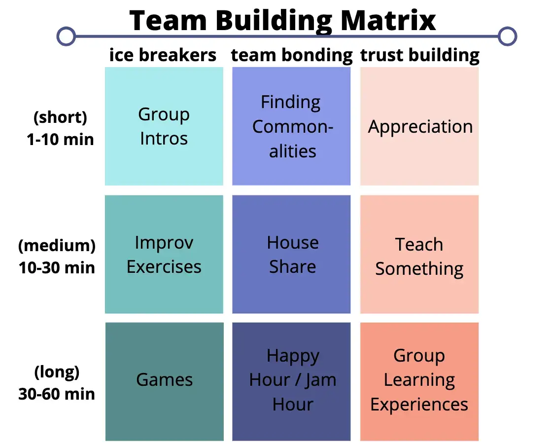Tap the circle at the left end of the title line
tap(66, 36)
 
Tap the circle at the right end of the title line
tap(507, 36)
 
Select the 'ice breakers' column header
tap(163, 55)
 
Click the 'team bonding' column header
tap(292, 55)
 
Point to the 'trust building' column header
tap(420, 55)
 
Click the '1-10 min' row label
tap(60, 139)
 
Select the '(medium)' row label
tap(57, 245)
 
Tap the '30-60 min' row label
tap(57, 394)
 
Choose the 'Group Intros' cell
tap(164, 126)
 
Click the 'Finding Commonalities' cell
tap(291, 126)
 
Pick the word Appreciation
tap(420, 127)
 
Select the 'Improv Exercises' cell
tap(164, 255)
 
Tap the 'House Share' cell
tap(292, 255)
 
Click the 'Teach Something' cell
tap(419, 257)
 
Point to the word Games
tap(164, 379)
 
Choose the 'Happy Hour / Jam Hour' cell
tap(292, 380)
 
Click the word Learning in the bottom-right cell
tap(419, 380)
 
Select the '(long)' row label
tap(57, 372)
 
